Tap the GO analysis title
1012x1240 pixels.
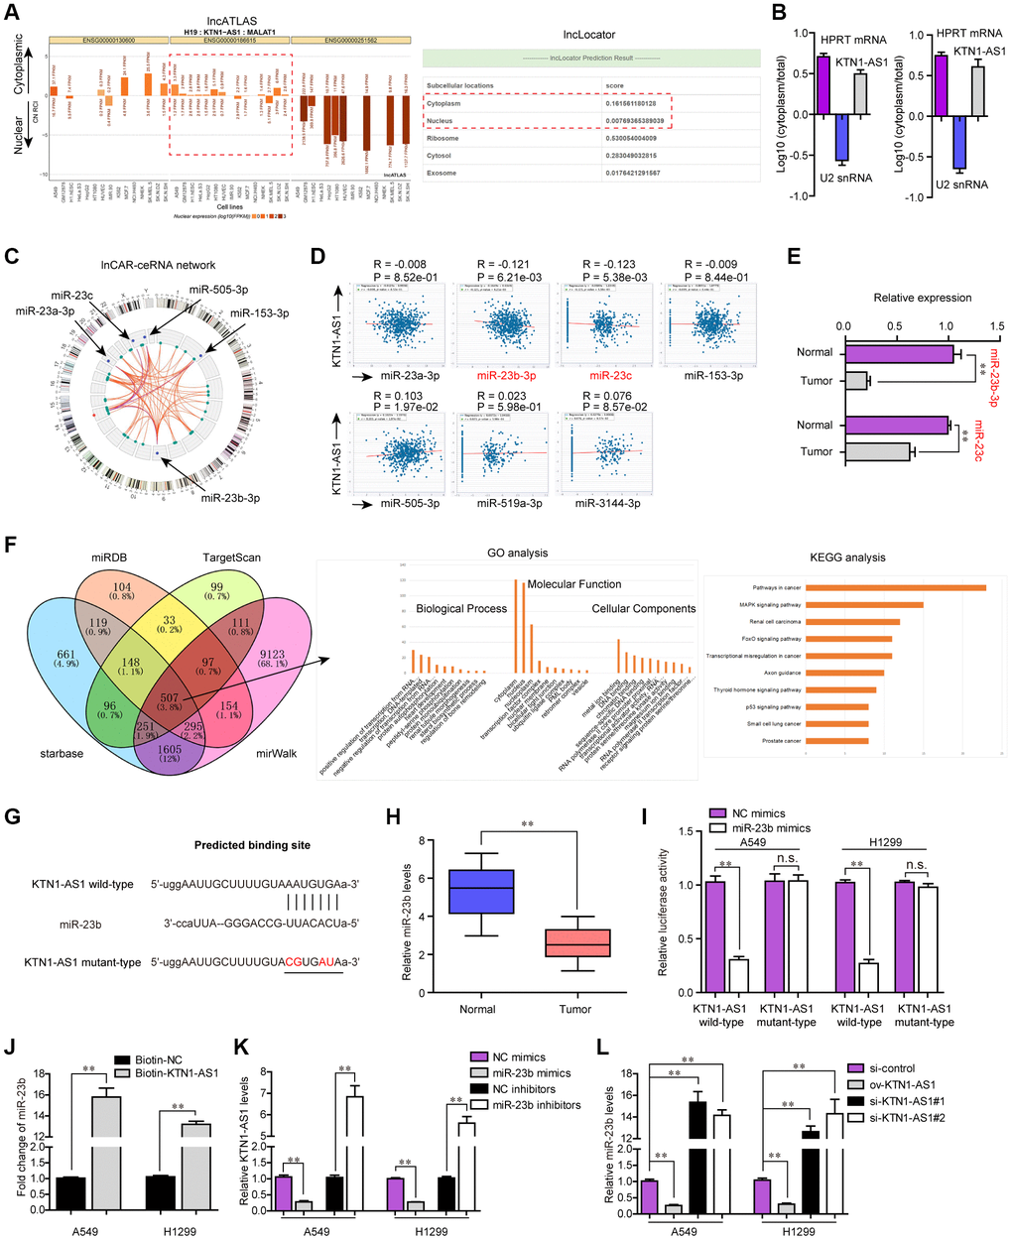[517, 554]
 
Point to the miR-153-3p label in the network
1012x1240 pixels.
[260, 313]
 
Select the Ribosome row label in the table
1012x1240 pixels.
[443, 138]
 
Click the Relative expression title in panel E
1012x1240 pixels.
[923, 297]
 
